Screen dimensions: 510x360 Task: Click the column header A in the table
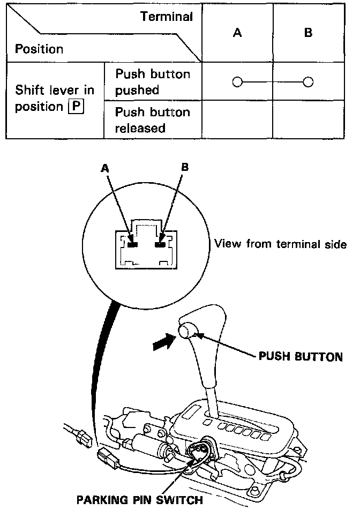point(237,33)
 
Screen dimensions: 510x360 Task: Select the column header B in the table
point(308,33)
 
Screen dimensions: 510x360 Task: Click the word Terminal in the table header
point(167,17)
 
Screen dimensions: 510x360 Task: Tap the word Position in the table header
point(39,49)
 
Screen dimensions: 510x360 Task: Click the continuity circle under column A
point(238,82)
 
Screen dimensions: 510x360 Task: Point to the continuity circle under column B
point(307,82)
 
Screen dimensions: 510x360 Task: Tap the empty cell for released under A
point(237,120)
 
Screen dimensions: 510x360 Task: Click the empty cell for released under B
point(308,120)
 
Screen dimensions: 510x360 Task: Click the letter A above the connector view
point(106,168)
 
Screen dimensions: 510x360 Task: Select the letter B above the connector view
point(185,168)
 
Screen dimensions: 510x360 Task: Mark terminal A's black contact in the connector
point(132,244)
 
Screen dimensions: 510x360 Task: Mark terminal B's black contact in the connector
point(159,244)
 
